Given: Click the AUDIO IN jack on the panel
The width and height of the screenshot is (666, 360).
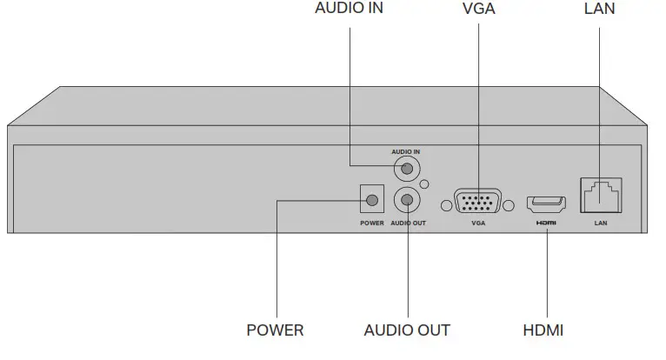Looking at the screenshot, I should [x=404, y=165].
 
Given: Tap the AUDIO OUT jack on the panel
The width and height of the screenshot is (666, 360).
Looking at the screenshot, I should [x=406, y=201].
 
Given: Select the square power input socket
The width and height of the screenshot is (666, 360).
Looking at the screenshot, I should [x=372, y=201].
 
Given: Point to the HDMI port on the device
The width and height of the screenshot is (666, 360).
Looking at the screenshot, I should [x=546, y=205].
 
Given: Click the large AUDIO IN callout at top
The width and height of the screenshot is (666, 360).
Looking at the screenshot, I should [x=349, y=9].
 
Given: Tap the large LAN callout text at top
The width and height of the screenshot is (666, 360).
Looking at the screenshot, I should [x=600, y=9].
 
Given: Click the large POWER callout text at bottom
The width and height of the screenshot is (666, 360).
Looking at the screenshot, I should [x=275, y=330].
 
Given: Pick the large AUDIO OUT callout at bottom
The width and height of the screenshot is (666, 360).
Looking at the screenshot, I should [x=407, y=330].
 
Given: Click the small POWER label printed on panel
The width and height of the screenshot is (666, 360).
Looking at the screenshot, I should [x=371, y=223].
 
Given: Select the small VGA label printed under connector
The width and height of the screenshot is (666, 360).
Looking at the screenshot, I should [x=477, y=223].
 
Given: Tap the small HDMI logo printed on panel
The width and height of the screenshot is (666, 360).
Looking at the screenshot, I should [x=546, y=223].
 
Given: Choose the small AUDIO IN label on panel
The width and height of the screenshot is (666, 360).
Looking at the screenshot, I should [x=405, y=150].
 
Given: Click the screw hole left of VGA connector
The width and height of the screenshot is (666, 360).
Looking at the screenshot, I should [x=447, y=205].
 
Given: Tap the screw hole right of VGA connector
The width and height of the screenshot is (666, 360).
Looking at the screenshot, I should [x=507, y=205].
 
